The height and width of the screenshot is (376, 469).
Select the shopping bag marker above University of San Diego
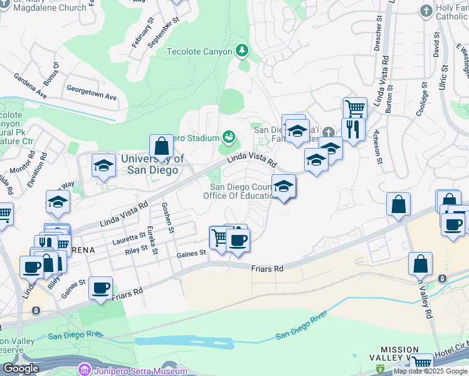tap(161, 147)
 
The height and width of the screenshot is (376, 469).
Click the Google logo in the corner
tap(21, 368)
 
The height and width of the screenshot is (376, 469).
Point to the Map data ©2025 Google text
tap(430, 371)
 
